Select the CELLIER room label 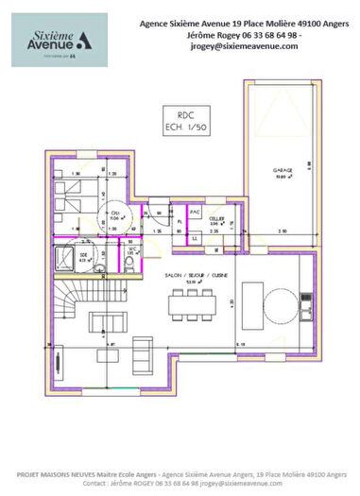click(x=217, y=220)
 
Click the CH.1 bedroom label click(x=116, y=214)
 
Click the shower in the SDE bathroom click(x=66, y=257)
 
